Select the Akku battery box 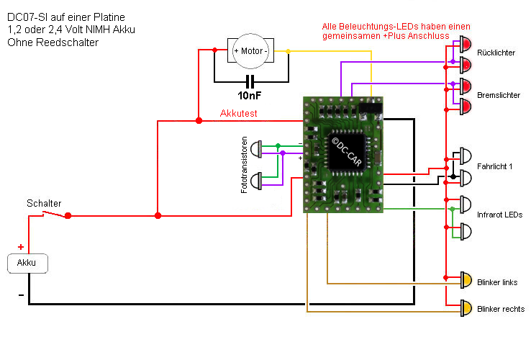27,263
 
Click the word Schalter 44,204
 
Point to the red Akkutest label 238,114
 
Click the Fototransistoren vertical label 245,164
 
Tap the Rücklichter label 496,53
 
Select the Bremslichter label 499,94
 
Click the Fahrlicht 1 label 495,166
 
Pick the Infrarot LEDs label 499,215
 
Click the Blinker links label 497,282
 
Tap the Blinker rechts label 500,310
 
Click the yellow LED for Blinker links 466,280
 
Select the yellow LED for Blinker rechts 466,308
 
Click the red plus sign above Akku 20,247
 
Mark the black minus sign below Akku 20,295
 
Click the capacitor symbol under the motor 250,81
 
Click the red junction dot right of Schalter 68,215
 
